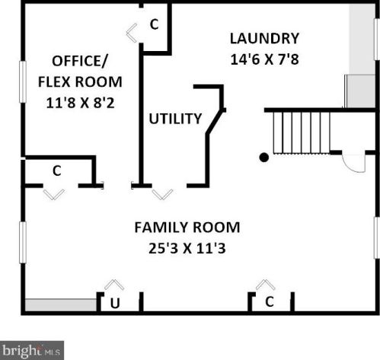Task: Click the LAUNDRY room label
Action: click(x=264, y=39)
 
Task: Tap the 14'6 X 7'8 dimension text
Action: click(x=264, y=59)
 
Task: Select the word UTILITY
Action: click(x=175, y=119)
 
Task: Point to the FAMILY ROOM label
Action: click(x=187, y=227)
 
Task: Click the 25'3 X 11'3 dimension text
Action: click(x=187, y=248)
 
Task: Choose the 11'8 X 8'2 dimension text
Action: click(x=80, y=103)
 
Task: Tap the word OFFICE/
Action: click(x=80, y=61)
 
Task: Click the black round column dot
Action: click(x=264, y=158)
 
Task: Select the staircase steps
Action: click(x=302, y=133)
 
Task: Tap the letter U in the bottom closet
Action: click(x=115, y=303)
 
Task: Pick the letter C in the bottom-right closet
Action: click(x=270, y=301)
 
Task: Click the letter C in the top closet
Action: click(x=155, y=24)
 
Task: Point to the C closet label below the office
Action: click(x=57, y=170)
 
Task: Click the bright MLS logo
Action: click(x=32, y=350)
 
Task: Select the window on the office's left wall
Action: click(x=23, y=81)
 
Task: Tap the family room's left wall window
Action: click(x=23, y=242)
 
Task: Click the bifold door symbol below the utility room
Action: click(x=162, y=194)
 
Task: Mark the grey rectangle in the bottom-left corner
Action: click(x=61, y=305)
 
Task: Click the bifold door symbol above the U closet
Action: click(x=114, y=285)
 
